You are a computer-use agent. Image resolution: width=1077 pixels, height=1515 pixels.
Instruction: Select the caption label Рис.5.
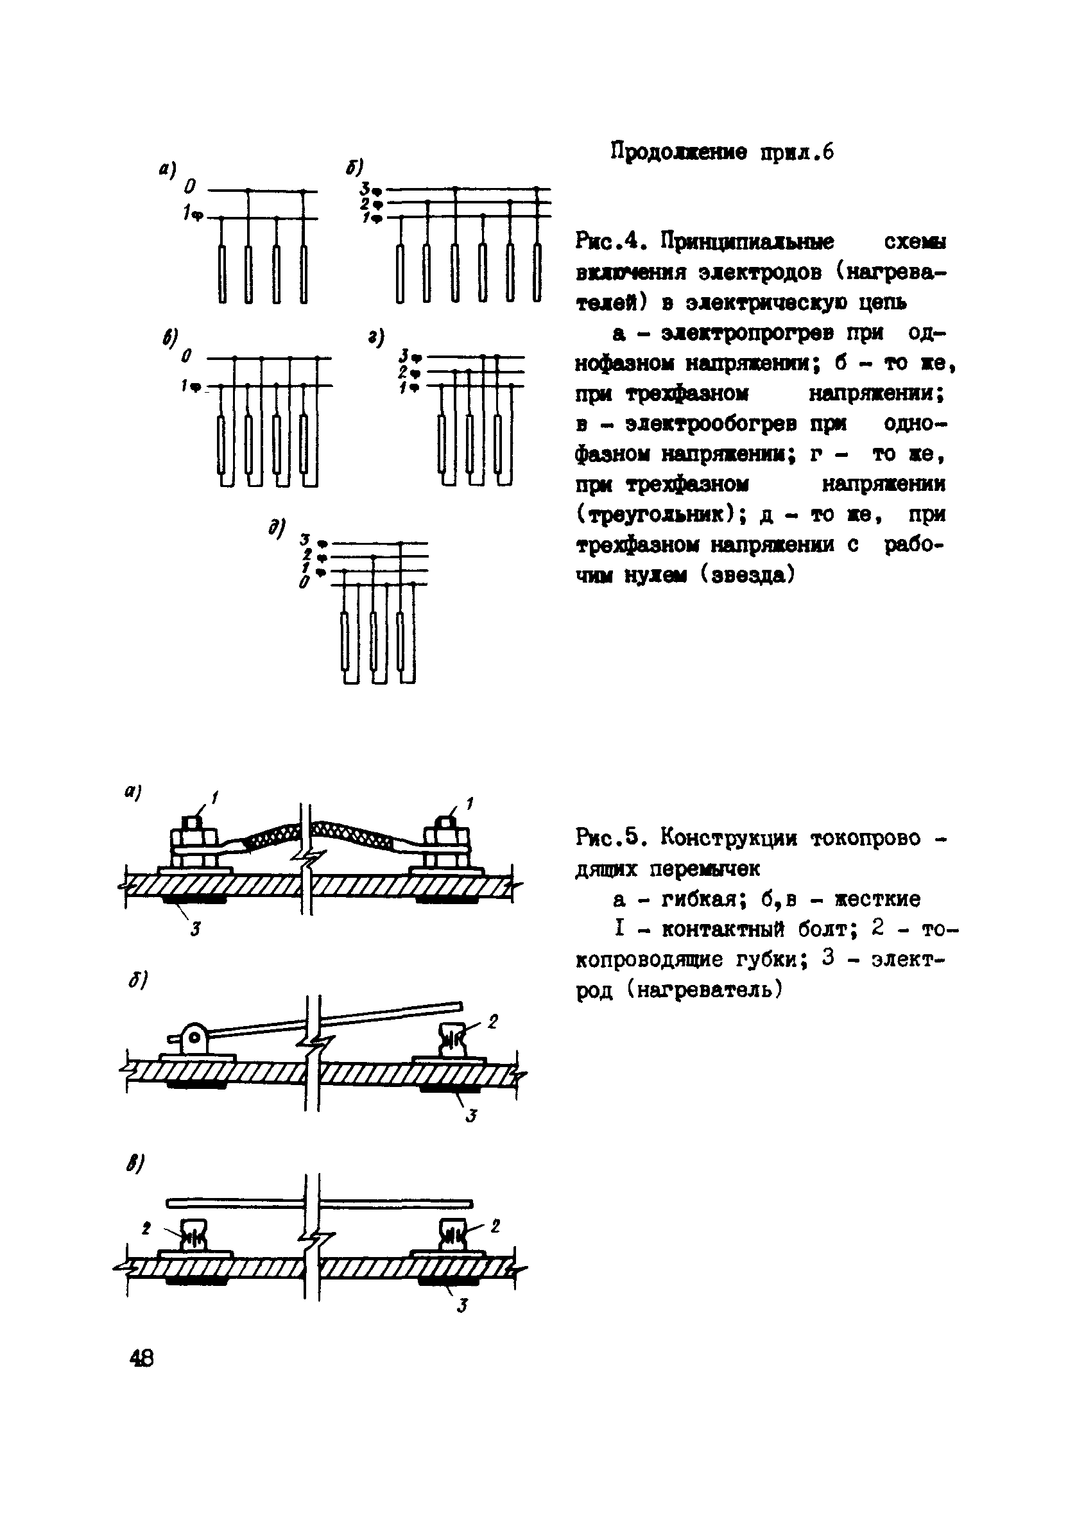click(607, 838)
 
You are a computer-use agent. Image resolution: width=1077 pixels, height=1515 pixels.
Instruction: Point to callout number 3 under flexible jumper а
click(196, 930)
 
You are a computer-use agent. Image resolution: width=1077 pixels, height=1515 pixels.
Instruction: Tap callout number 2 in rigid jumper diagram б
click(493, 1022)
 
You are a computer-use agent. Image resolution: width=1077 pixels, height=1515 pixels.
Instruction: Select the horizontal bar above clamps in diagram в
click(318, 1203)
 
